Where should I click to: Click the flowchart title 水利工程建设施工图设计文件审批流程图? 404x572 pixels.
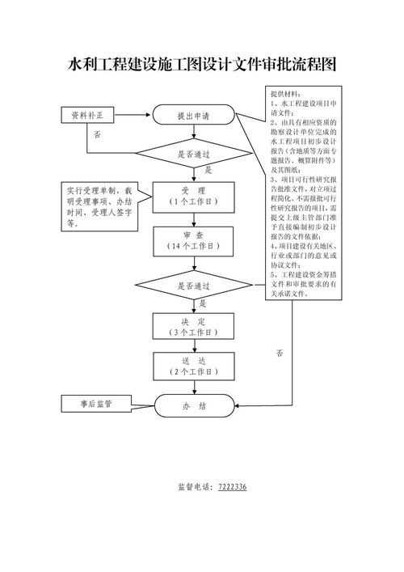coord(201,65)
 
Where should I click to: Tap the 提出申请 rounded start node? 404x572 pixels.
coord(193,117)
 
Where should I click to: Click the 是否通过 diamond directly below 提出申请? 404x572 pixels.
coord(193,153)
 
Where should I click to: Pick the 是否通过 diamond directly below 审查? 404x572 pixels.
coord(193,286)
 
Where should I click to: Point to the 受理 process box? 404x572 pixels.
coord(193,195)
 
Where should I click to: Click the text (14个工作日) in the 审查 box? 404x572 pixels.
coord(193,245)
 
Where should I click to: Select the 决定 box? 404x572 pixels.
coord(193,326)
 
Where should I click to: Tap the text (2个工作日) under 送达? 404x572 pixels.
coord(193,371)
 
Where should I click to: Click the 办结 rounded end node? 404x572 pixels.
coord(193,406)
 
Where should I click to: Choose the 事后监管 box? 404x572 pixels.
coord(95,402)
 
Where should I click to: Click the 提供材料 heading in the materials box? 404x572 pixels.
coord(284,95)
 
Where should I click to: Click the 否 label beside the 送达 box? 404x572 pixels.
coord(280,354)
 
